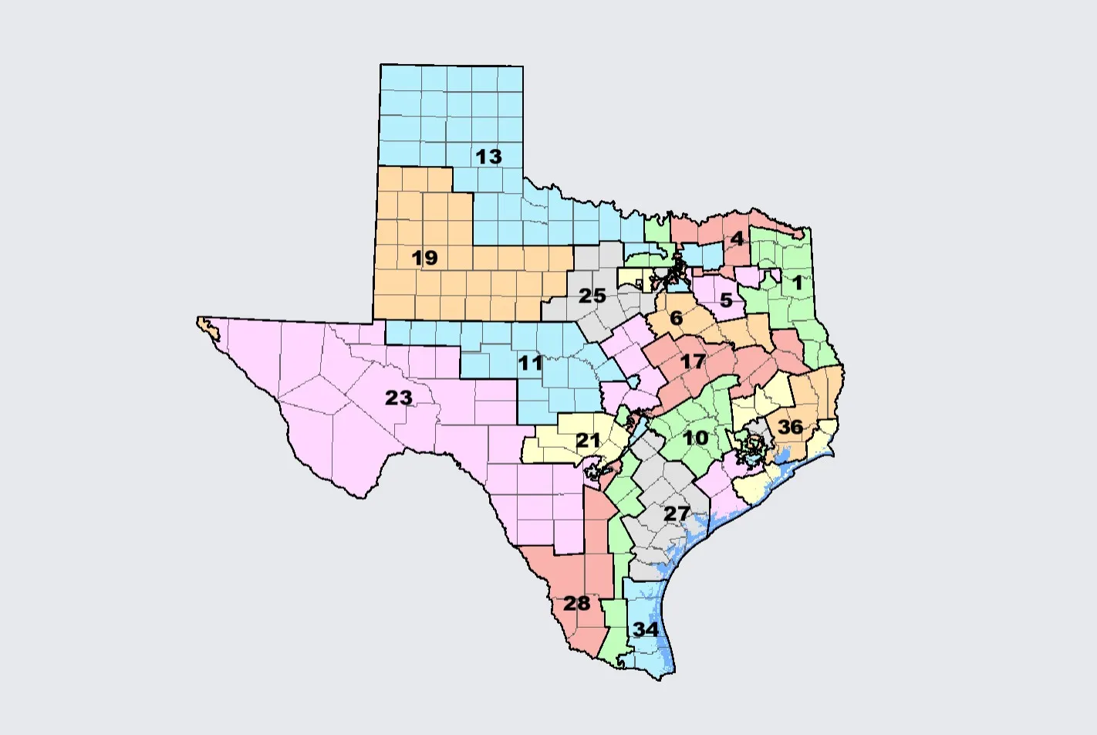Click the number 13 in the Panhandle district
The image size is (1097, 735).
(488, 157)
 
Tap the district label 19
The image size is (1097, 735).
(425, 258)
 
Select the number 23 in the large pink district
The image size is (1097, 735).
(399, 398)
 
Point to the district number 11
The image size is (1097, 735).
(530, 363)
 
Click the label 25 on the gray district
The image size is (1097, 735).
(592, 296)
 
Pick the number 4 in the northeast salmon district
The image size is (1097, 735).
(738, 239)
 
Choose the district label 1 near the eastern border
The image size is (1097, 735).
(798, 283)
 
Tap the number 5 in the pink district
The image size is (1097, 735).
(726, 300)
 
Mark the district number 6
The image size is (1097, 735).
(677, 318)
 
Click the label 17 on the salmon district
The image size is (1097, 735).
(693, 361)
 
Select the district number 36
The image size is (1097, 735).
(790, 427)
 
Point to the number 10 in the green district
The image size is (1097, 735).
(696, 438)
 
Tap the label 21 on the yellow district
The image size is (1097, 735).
(588, 441)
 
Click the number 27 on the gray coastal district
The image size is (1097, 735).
(677, 513)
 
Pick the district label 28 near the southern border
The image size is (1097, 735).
(576, 603)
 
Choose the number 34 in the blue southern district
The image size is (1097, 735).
(646, 629)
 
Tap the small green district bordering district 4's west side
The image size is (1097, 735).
(657, 230)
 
